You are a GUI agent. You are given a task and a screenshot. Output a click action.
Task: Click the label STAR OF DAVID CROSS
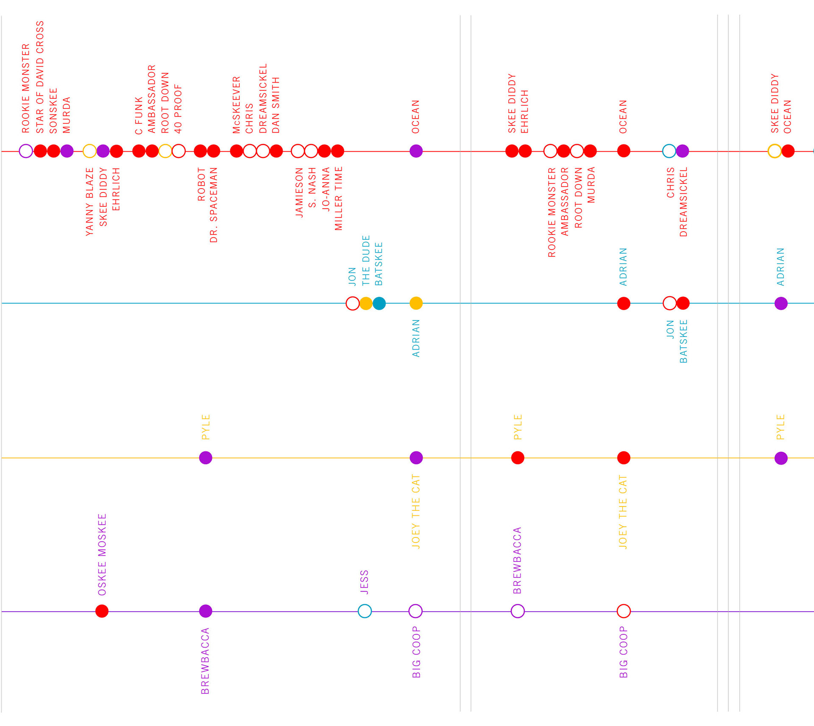tap(40, 77)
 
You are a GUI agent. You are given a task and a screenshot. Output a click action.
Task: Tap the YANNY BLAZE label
tap(89, 202)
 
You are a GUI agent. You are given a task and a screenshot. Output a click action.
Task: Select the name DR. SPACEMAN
tap(214, 205)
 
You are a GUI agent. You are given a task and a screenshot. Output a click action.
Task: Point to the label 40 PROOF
tap(178, 109)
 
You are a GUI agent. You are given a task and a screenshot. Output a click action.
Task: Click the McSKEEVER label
tap(237, 105)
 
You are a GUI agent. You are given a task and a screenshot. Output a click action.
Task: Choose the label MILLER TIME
tap(338, 199)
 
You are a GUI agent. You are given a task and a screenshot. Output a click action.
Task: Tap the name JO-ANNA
tap(326, 189)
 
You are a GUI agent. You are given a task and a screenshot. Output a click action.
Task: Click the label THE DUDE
tap(366, 261)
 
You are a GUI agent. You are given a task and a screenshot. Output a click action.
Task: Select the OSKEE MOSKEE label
tap(102, 555)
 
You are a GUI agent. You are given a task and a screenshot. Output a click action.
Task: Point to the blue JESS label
tap(364, 582)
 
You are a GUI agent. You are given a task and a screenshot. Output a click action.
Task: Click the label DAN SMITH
tap(276, 105)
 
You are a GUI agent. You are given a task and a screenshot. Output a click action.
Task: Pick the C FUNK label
tap(139, 116)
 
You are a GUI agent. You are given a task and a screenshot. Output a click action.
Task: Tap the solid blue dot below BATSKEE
tap(379, 303)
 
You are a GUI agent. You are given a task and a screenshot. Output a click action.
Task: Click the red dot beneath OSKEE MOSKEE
tap(102, 611)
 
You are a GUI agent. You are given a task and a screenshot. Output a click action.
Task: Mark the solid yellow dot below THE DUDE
tap(366, 303)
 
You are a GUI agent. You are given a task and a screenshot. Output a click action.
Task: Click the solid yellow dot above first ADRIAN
tap(416, 303)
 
